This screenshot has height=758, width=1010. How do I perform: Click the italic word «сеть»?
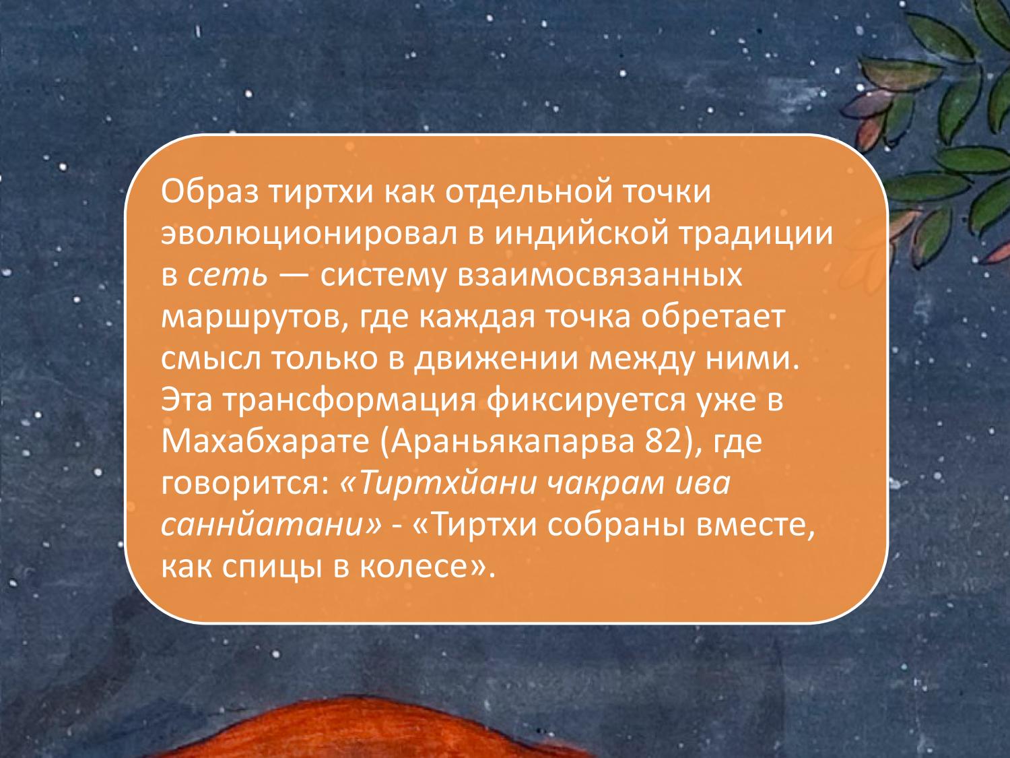tap(228, 276)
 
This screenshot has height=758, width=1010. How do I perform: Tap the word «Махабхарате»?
tap(267, 443)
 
